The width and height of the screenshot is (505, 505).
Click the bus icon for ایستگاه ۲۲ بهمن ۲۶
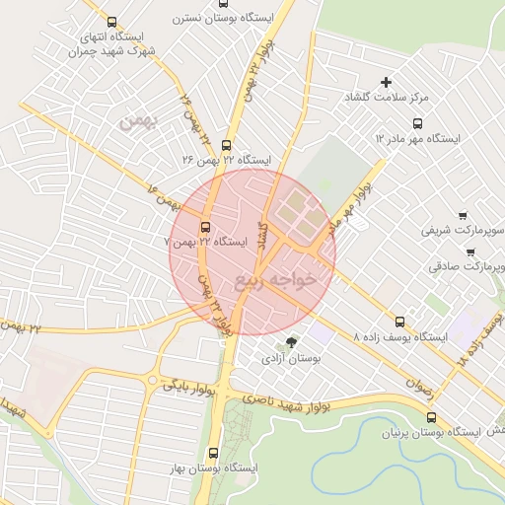[x=226, y=145]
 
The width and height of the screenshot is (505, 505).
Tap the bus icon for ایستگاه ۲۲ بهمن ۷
[x=206, y=226]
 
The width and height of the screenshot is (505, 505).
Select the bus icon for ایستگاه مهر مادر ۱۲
[x=417, y=124]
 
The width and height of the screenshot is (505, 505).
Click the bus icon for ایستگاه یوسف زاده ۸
[x=399, y=322]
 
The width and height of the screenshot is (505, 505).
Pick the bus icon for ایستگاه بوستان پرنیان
[x=429, y=417]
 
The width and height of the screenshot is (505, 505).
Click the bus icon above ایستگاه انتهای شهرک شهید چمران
[x=110, y=23]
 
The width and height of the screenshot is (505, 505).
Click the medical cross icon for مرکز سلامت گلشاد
[x=386, y=82]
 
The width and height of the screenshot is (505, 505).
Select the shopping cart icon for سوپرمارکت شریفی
[x=463, y=215]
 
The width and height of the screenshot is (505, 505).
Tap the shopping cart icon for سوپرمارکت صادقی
[x=470, y=252]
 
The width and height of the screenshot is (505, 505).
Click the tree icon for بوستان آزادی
[x=290, y=342]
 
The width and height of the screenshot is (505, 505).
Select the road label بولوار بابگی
[x=189, y=385]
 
